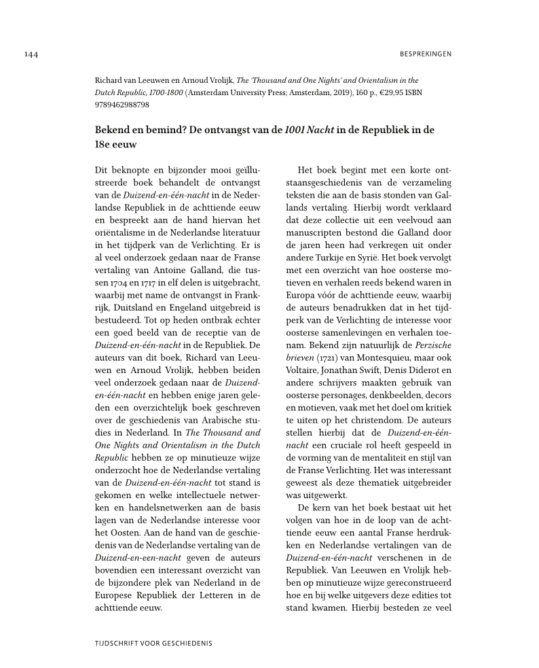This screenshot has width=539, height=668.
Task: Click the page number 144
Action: pos(31,54)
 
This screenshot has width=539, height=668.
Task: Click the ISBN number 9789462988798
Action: pos(122,105)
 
